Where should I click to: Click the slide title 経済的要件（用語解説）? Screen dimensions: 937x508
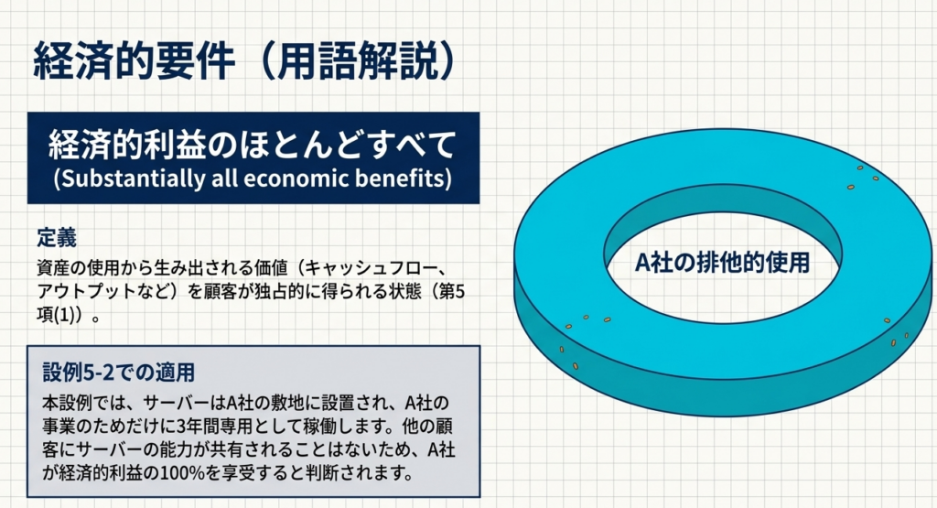point(244,61)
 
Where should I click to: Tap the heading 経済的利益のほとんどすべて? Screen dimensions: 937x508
point(253,146)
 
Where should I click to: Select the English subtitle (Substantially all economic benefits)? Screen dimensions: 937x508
point(253,178)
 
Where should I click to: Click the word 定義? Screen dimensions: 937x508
point(57,238)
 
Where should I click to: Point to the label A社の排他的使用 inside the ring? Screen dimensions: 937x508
point(723,263)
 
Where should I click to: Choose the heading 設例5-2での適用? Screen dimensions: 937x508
point(119,373)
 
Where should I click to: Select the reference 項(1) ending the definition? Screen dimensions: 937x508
point(59,316)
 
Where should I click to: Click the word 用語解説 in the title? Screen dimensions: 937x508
point(358,61)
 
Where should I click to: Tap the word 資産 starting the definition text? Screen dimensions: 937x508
point(54,268)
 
